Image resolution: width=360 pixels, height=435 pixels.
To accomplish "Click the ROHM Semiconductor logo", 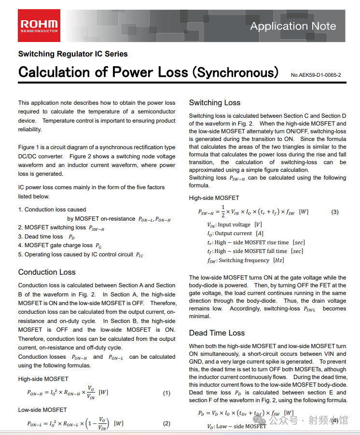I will pyautogui.click(x=39, y=26).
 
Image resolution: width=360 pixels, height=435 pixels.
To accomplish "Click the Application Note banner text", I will pyautogui.click(x=293, y=26).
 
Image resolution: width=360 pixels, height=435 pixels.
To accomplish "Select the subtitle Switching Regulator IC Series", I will pyautogui.click(x=73, y=54).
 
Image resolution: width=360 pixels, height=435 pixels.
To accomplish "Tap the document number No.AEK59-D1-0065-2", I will pyautogui.click(x=316, y=75).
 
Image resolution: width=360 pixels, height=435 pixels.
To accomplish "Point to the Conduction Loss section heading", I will pyautogui.click(x=47, y=272).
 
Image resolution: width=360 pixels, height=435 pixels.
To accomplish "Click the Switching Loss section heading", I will pyautogui.click(x=214, y=102).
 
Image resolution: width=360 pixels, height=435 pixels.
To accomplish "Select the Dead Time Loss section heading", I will pyautogui.click(x=217, y=333).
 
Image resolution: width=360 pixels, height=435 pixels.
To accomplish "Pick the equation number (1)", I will pyautogui.click(x=166, y=393).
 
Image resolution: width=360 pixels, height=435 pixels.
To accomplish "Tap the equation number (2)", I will pyautogui.click(x=166, y=424).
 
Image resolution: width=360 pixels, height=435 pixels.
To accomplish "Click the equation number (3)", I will pyautogui.click(x=335, y=212).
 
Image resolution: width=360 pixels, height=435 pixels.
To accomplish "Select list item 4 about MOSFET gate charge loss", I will pyautogui.click(x=60, y=245).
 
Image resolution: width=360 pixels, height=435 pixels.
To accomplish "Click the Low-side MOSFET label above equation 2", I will pyautogui.click(x=42, y=409).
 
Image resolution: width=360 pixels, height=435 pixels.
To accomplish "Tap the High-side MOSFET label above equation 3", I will pyautogui.click(x=214, y=197).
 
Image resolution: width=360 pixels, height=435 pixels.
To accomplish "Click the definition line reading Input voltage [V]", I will pyautogui.click(x=234, y=225).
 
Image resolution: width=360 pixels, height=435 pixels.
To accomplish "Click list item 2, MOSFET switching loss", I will pyautogui.click(x=61, y=227).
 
